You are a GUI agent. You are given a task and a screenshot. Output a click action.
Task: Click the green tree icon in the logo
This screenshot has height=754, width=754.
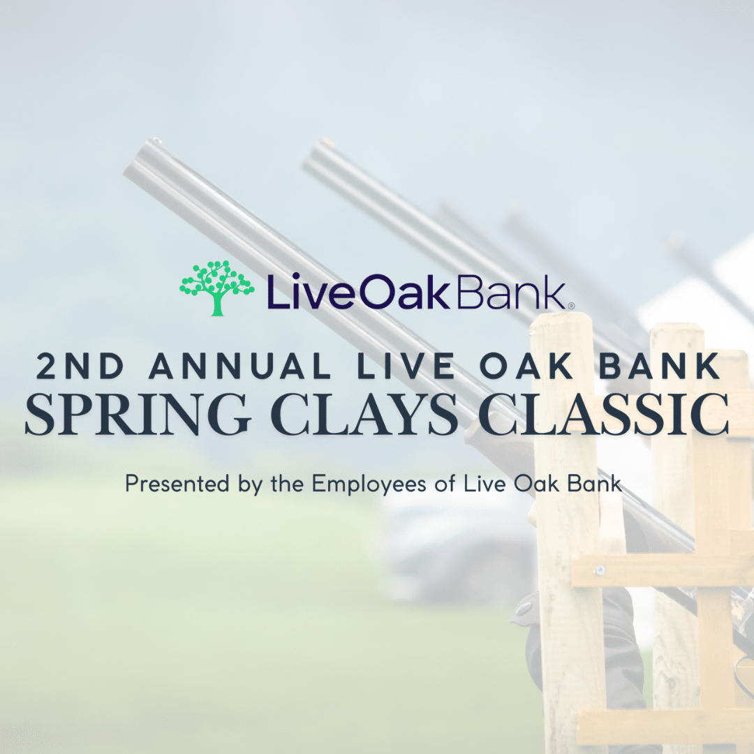click(x=217, y=288)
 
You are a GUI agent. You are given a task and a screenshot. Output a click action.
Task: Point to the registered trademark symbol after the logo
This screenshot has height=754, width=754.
click(x=571, y=305)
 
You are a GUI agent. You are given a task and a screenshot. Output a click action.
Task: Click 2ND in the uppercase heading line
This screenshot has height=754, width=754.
click(x=80, y=367)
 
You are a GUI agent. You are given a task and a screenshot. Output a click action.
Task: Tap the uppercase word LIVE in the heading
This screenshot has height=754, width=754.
click(x=406, y=367)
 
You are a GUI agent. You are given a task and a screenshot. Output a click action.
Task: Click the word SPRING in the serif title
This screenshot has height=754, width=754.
click(x=138, y=415)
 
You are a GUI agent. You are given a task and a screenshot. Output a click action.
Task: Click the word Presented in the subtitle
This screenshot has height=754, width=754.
click(x=177, y=483)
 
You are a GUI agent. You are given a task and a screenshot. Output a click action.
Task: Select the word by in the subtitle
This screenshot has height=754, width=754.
click(x=250, y=485)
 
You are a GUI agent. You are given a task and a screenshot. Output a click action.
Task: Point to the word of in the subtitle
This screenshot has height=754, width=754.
click(x=445, y=483)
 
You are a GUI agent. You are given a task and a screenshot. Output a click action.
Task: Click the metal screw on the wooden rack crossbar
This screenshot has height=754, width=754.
click(x=600, y=570)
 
